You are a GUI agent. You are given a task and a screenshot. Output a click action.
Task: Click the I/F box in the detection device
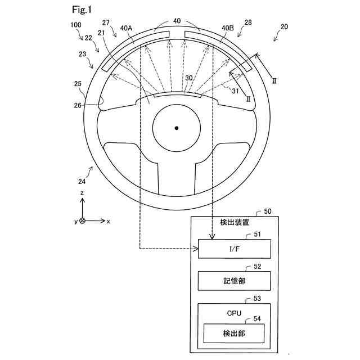tap(235, 248)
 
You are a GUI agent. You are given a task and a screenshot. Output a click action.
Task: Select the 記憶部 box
tap(235, 280)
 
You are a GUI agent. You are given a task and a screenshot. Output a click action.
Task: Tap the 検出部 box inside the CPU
tap(235, 333)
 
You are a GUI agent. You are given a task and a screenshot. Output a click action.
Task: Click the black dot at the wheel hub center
tap(176, 128)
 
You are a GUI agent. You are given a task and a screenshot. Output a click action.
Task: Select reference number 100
tap(75, 25)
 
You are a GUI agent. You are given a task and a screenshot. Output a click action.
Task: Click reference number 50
tap(267, 212)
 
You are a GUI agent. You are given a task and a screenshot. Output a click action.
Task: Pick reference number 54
tap(256, 318)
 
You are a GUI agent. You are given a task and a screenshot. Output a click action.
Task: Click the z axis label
tap(82, 192)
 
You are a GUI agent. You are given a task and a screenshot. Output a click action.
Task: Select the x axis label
tap(109, 222)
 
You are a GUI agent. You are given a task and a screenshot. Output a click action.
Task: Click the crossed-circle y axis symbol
tap(82, 221)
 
